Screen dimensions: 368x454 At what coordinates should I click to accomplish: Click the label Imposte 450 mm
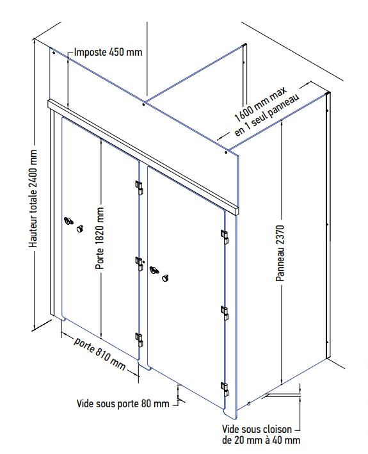pos(108,53)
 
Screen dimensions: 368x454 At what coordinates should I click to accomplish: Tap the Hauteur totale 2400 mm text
pos(33,199)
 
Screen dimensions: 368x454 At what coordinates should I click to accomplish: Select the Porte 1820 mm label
pos(100,238)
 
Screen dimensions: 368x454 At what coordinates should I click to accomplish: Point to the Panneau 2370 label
pos(280,254)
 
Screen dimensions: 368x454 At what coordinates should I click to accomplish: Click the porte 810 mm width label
pos(100,354)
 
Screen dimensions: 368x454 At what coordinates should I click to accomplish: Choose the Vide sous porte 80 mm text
pos(123,403)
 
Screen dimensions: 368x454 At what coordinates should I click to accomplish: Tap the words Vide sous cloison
pos(257,429)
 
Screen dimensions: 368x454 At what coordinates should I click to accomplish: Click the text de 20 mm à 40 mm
pos(261,441)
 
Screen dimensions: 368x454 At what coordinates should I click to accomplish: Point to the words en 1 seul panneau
pos(267,115)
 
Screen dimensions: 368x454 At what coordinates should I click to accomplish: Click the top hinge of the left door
pos(139,188)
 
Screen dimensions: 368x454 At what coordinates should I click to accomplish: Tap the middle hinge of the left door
pos(140,263)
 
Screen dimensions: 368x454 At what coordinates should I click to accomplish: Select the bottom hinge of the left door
pos(139,340)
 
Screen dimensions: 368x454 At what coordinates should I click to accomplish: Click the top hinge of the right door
pos(225,237)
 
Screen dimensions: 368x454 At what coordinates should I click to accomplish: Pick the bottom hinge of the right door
pos(225,389)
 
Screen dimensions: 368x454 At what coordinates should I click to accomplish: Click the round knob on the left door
pos(80,229)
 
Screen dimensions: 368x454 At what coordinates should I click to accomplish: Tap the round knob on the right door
pos(166,278)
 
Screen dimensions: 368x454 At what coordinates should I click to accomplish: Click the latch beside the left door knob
pos(68,221)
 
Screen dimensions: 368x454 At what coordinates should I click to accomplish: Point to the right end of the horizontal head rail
pos(237,211)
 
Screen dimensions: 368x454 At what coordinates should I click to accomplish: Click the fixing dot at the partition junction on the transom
pos(143,105)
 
